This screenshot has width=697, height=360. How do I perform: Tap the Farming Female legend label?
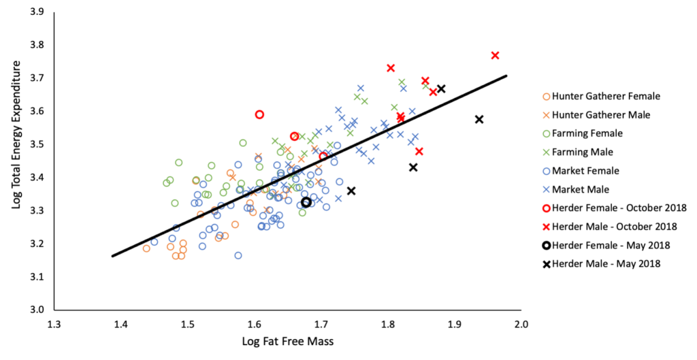tap(587, 133)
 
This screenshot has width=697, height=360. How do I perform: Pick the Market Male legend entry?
tap(581, 189)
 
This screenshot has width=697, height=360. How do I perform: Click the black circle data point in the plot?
tap(306, 202)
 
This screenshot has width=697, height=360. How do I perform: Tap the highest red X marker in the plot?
tap(495, 55)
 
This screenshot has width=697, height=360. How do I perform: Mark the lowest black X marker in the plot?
tap(351, 191)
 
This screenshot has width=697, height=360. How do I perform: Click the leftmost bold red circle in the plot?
tap(259, 114)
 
